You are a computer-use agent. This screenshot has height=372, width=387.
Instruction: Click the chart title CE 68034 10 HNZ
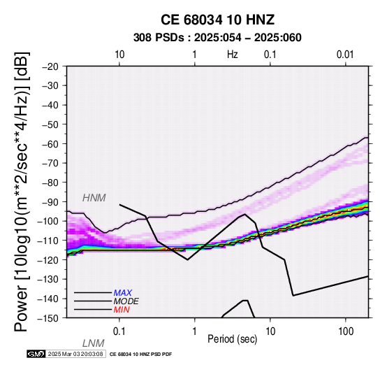[217, 20]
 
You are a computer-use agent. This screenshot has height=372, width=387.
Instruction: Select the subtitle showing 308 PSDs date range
[217, 38]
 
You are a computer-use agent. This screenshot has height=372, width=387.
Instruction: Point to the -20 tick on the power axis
[50, 66]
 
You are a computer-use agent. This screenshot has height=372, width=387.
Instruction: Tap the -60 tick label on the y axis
[50, 144]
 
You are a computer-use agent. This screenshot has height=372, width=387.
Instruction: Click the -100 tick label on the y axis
[48, 221]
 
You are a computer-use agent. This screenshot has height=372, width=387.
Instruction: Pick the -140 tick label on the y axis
[48, 299]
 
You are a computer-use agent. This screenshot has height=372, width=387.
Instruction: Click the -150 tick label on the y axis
[48, 318]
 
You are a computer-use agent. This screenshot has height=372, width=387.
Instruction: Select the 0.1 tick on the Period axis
[119, 331]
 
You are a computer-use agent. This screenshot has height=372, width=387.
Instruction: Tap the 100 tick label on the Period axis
[346, 331]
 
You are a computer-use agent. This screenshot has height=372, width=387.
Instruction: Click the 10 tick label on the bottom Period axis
[270, 331]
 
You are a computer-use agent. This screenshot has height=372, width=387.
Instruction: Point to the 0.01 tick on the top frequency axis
[345, 55]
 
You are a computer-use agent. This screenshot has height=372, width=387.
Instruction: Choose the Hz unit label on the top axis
[232, 55]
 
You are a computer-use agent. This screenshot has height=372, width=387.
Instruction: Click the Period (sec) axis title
[232, 339]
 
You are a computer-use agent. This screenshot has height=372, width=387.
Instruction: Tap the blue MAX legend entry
[123, 293]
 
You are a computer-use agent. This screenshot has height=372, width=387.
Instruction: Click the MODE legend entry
[126, 301]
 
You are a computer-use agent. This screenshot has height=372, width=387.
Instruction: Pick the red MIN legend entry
[122, 310]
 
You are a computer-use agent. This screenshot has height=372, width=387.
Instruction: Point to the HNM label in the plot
[94, 198]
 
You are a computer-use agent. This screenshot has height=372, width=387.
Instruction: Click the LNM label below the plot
[94, 343]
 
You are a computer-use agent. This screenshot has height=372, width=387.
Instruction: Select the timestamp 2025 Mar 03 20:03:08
[75, 354]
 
